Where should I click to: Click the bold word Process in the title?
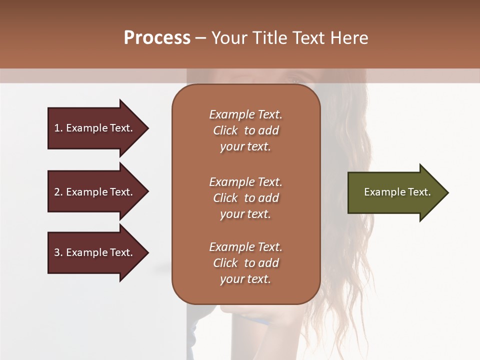[x=157, y=38]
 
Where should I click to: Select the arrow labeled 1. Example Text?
[x=93, y=128]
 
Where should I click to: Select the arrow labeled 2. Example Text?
[x=93, y=192]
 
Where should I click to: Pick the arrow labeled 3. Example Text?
[x=93, y=252]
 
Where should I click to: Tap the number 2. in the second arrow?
[x=58, y=192]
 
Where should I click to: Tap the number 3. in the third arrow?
[x=58, y=252]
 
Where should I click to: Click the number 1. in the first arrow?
[x=58, y=128]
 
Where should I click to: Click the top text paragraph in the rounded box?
[x=245, y=130]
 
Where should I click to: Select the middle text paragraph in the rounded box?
[x=245, y=198]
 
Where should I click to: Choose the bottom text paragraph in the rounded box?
[x=245, y=263]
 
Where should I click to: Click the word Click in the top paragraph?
[x=225, y=130]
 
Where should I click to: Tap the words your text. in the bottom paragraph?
[x=245, y=279]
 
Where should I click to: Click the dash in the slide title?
[x=200, y=38]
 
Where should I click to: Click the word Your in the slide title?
[x=230, y=38]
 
